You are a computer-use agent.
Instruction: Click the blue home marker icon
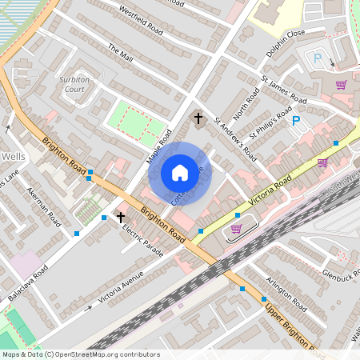[180, 173]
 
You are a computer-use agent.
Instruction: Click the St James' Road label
[284, 90]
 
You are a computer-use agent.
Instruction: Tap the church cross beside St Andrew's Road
[198, 119]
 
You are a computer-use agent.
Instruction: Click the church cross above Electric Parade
[121, 216]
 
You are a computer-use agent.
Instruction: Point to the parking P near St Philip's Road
[295, 121]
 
